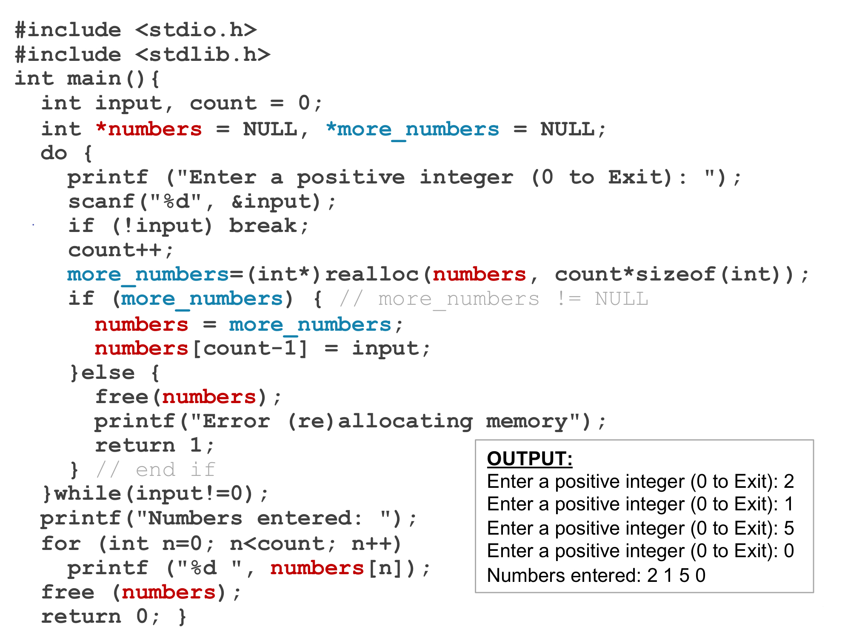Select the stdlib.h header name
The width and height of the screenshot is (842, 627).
click(203, 55)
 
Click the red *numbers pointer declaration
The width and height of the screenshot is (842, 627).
click(149, 129)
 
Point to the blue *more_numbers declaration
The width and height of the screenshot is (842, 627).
click(412, 129)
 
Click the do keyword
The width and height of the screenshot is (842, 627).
click(54, 153)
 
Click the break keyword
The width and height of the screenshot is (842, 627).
click(263, 226)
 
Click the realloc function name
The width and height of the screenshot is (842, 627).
click(372, 275)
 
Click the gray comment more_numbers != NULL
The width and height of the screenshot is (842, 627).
click(494, 299)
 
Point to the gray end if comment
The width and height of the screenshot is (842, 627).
click(156, 470)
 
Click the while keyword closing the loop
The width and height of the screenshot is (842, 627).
click(88, 494)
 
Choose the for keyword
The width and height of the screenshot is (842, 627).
click(61, 544)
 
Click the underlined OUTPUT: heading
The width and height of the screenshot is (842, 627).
click(529, 459)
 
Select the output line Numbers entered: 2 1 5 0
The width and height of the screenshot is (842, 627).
click(596, 575)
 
